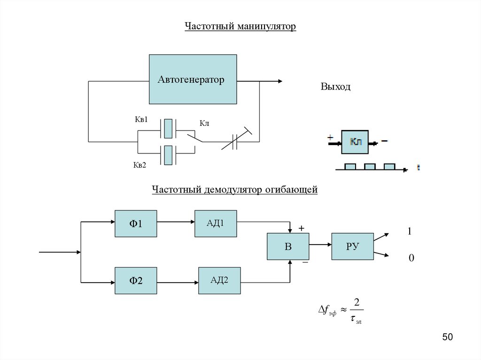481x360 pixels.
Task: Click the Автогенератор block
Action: coord(193,79)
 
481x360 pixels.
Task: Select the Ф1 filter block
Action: coord(136,223)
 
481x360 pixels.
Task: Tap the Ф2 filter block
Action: coord(136,281)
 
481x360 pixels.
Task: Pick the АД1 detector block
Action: coord(216,223)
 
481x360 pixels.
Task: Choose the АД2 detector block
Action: coord(219,281)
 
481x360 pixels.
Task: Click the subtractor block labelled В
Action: coord(287,246)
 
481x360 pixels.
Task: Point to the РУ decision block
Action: coord(352,246)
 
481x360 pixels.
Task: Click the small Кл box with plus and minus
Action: coord(356,142)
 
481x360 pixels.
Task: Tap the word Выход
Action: coord(335,87)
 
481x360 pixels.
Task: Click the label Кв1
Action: coord(141,120)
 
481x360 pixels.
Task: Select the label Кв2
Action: coord(140,165)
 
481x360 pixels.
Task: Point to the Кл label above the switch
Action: coord(204,123)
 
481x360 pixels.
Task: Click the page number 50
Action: coord(447,337)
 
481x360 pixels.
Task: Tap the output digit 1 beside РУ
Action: coord(410,231)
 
